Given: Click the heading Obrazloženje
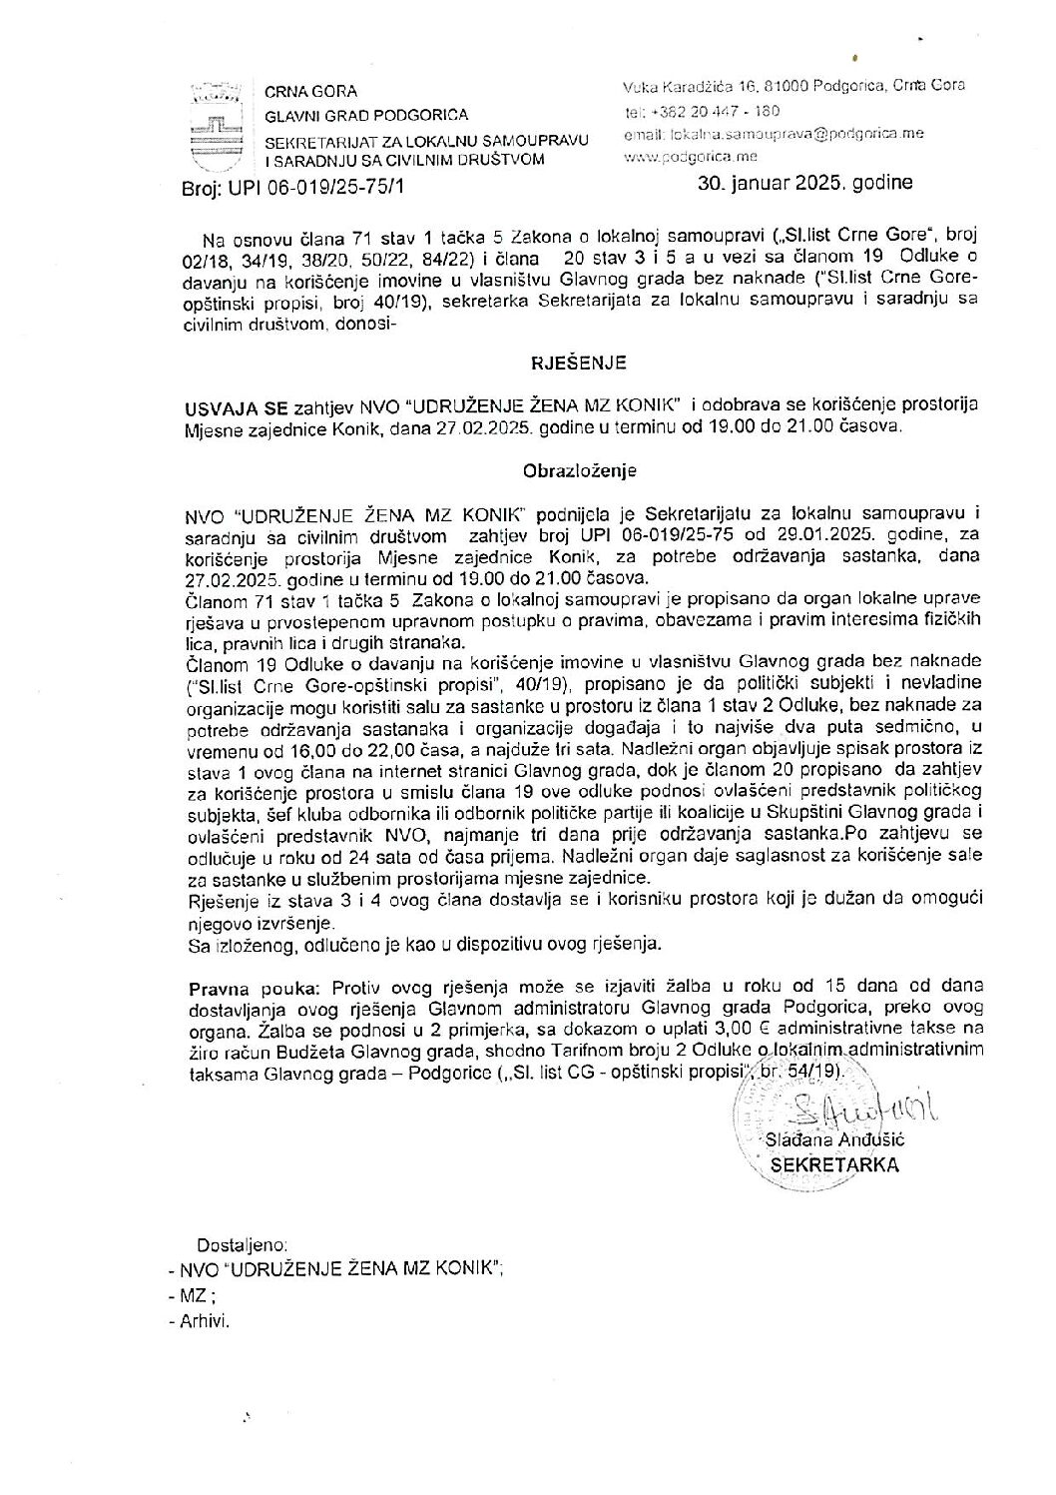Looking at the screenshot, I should click(x=581, y=469).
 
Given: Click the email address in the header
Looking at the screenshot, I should click(x=788, y=134).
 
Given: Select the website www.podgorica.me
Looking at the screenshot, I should click(x=691, y=157).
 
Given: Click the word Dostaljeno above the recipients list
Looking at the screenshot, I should click(x=244, y=1245).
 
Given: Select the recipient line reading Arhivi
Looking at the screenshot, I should click(x=205, y=1320).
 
